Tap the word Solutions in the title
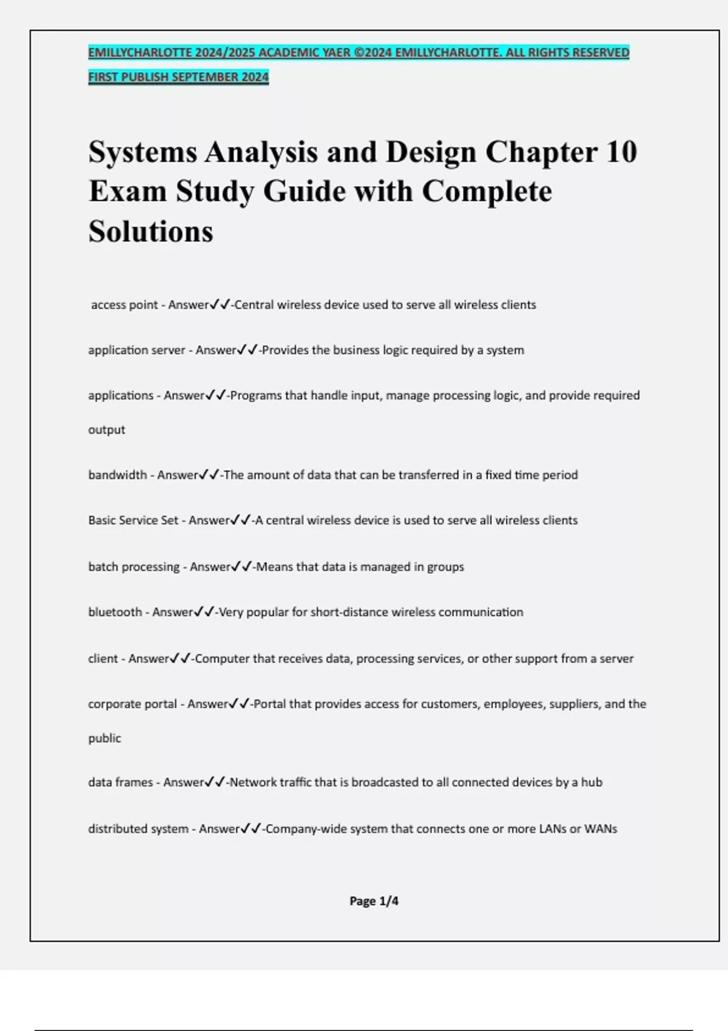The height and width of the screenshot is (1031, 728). point(150,231)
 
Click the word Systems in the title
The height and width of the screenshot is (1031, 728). point(143,152)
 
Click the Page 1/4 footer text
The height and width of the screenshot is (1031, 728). point(374,901)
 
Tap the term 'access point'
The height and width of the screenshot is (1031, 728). point(124,304)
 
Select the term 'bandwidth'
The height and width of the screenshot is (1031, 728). point(118,475)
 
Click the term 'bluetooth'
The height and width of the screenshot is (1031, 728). point(115,612)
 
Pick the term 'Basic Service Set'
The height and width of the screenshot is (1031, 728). point(133,520)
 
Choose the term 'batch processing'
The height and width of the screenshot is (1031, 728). point(133,566)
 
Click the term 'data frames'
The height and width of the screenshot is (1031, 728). point(120,782)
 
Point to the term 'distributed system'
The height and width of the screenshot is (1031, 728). point(138,828)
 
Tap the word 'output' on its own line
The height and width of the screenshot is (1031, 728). point(107,429)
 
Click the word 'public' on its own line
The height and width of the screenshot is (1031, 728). point(104,738)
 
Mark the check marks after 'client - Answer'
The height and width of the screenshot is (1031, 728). point(181,658)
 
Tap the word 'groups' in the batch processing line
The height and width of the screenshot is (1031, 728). point(445,566)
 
